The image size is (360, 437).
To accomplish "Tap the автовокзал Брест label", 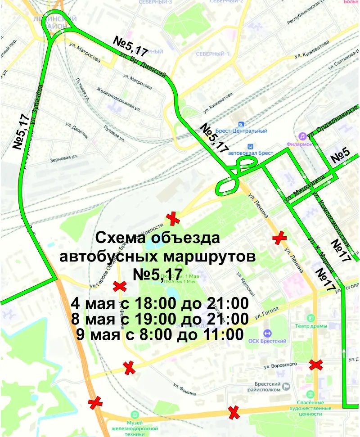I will [x=251, y=153].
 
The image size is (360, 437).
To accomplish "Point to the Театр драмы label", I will [x=310, y=325].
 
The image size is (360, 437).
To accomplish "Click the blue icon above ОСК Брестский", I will [x=267, y=333].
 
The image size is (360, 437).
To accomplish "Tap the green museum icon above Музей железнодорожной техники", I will [x=134, y=414].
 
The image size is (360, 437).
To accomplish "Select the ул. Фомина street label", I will [x=184, y=389].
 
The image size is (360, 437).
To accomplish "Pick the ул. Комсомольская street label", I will [x=331, y=216].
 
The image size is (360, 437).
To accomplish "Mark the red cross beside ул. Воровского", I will [x=316, y=365].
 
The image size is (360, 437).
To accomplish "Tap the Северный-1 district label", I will [x=213, y=54].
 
